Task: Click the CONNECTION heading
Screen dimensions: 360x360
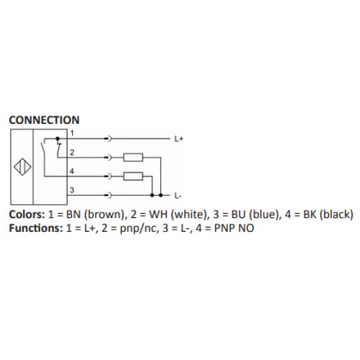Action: click(x=44, y=120)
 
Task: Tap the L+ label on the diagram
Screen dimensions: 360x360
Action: click(x=179, y=139)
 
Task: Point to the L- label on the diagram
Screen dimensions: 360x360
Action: click(x=178, y=196)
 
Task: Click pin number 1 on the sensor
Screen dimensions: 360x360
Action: click(x=72, y=133)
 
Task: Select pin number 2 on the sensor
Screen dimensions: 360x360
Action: click(x=72, y=152)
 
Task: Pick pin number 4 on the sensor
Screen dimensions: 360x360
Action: click(x=72, y=171)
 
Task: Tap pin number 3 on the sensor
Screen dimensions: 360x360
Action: click(x=72, y=190)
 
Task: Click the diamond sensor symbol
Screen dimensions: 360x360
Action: click(x=22, y=167)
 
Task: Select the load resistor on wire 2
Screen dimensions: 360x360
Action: click(x=133, y=158)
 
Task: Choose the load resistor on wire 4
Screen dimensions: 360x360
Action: click(x=133, y=176)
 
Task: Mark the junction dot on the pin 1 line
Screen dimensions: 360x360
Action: click(x=58, y=138)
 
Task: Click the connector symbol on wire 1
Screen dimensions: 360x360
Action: click(x=109, y=138)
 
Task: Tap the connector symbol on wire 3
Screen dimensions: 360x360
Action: click(x=109, y=195)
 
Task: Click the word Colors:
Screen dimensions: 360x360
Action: click(x=27, y=215)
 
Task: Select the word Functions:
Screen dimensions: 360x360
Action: click(x=36, y=228)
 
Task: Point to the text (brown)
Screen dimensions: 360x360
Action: click(x=106, y=215)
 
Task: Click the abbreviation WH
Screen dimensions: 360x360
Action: click(x=158, y=215)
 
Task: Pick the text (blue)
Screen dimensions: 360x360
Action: click(x=265, y=215)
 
